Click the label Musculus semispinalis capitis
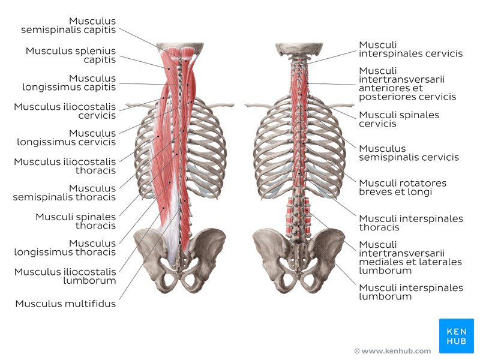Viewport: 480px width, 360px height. pos(68,25)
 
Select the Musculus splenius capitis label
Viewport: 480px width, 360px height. pos(71,55)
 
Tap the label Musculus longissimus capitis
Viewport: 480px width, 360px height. pos(69,83)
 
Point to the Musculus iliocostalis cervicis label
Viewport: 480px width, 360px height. pos(65,111)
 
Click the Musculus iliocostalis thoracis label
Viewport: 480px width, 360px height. pos(65,166)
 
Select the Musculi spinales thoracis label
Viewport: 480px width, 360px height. pos(76,221)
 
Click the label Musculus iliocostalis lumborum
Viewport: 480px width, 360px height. pos(65,276)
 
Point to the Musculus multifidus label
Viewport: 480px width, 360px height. pos(65,304)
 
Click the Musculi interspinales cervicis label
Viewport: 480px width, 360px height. pos(410,49)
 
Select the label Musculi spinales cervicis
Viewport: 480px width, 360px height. pos(399,119)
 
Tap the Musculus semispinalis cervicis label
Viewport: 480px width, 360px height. pos(409,153)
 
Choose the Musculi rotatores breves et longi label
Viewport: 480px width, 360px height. pos(403,187)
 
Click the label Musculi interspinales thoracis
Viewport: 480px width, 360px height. pos(411,223)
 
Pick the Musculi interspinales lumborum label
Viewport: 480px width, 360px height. pos(411,292)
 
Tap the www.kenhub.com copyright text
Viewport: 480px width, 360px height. pos(392,351)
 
